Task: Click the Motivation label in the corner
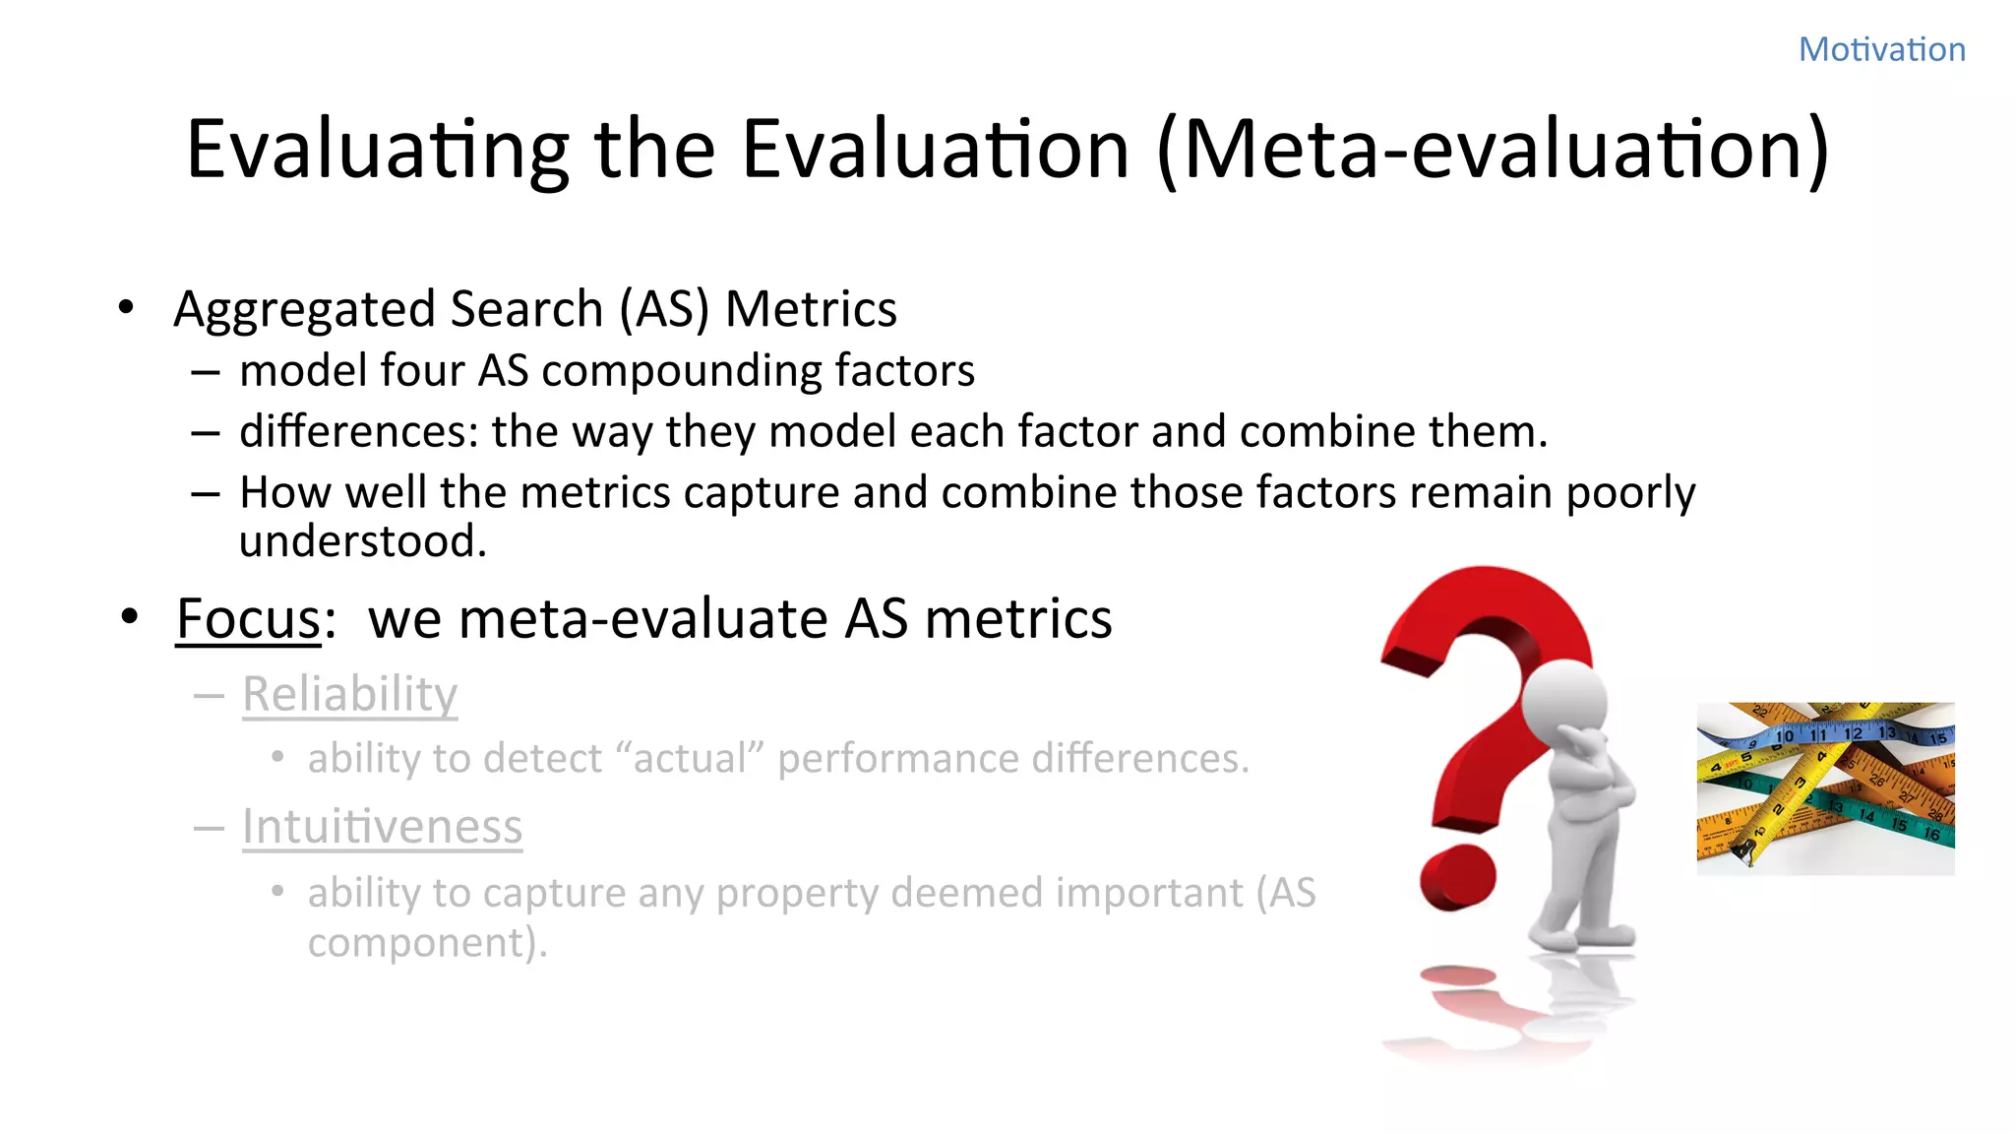(x=1881, y=49)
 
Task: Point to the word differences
(x=358, y=432)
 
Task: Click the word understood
(x=362, y=541)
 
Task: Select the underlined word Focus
(x=249, y=619)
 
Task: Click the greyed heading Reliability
(x=349, y=694)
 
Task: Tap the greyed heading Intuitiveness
(x=382, y=827)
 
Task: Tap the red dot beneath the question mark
(x=1457, y=876)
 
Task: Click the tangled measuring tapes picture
(x=1825, y=787)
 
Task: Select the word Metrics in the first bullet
(x=811, y=310)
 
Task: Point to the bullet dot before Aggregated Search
(x=125, y=308)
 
